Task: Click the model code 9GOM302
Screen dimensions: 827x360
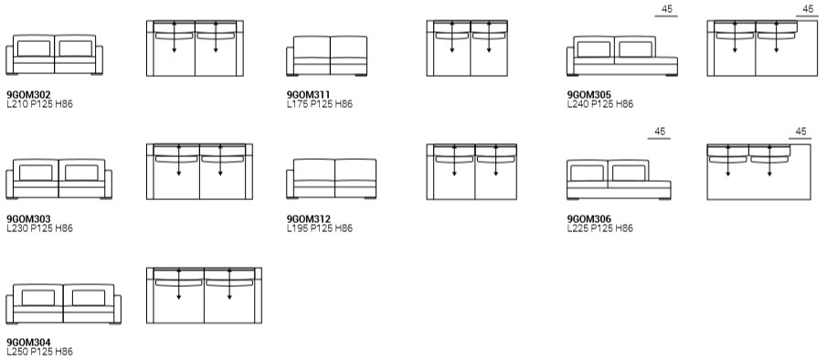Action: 28,95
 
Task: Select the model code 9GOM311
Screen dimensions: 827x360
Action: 308,95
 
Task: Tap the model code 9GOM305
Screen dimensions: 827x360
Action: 589,95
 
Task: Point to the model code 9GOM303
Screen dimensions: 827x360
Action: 28,219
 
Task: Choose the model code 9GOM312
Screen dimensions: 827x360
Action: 309,219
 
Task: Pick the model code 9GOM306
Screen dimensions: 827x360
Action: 589,219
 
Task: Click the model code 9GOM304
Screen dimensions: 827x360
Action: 28,344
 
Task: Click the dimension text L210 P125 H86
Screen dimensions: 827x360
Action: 39,104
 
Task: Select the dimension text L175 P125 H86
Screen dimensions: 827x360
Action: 320,104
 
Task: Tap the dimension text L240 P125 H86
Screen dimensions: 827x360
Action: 600,104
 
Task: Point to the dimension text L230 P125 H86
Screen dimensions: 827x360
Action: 39,228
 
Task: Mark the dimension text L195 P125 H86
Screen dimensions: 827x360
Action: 320,228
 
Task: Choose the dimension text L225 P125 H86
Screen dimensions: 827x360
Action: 600,228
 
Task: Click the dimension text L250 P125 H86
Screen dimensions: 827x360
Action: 39,352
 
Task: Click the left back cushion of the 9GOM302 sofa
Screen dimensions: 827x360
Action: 34,48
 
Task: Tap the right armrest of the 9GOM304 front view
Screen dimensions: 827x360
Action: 117,310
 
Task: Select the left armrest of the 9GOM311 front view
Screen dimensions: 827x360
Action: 290,61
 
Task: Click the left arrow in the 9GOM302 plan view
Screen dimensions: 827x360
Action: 174,37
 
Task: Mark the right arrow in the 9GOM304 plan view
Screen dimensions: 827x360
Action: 229,285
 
